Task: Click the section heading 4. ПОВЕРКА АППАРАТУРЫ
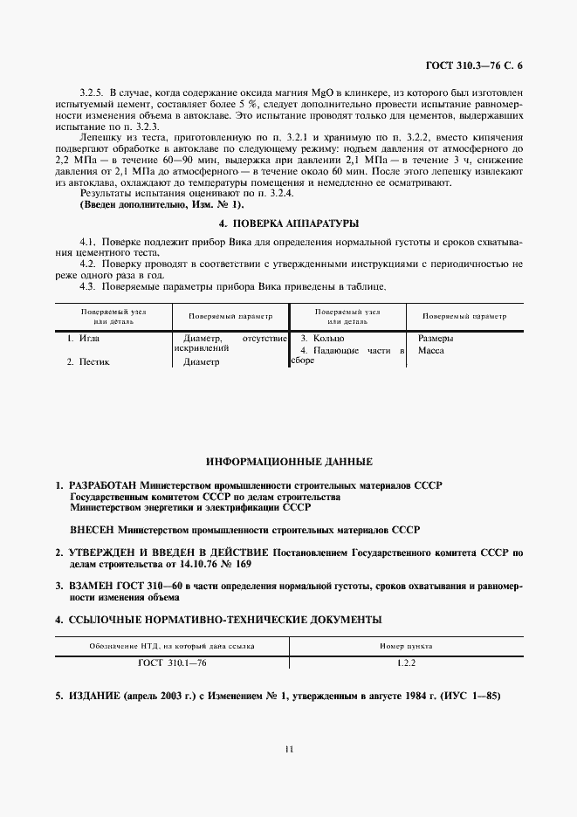(288, 223)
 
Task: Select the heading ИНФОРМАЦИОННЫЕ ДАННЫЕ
(289, 460)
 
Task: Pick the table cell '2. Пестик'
(93, 361)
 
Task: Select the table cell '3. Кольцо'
(322, 337)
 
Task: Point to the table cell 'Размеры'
(436, 337)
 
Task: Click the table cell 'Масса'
(431, 350)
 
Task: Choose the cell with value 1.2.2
(405, 663)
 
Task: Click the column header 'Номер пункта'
(406, 646)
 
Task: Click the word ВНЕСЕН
(92, 529)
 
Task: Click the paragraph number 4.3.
(86, 286)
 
